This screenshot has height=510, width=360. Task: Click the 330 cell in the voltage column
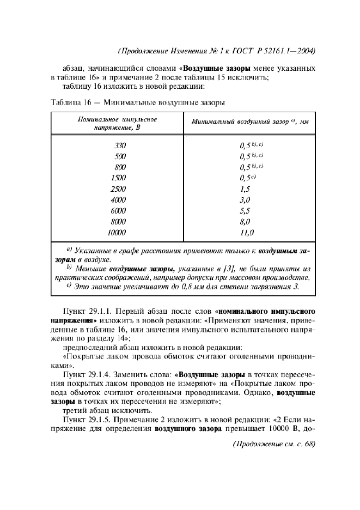coord(120,145)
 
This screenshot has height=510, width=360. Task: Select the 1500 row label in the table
coord(118,178)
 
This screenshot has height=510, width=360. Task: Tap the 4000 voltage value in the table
coord(118,200)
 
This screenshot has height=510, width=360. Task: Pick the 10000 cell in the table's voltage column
coord(117,233)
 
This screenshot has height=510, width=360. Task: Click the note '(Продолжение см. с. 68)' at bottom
coord(274,444)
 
